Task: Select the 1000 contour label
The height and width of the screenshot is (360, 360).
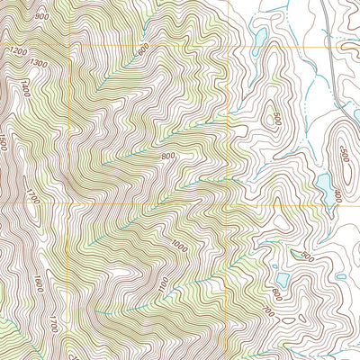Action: click(x=181, y=246)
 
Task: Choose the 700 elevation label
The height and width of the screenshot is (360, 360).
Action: click(x=266, y=310)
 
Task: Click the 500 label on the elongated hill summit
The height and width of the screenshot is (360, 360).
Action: click(x=343, y=155)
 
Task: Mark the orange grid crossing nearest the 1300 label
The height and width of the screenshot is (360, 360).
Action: click(x=70, y=45)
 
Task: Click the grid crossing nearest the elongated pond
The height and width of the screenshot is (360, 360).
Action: click(x=229, y=45)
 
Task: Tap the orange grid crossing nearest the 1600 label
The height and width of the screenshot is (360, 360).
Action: click(x=70, y=203)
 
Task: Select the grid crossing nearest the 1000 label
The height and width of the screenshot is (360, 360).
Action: click(x=229, y=203)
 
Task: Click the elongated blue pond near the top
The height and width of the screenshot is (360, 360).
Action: click(x=259, y=38)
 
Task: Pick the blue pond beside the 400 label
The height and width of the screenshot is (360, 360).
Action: click(x=322, y=184)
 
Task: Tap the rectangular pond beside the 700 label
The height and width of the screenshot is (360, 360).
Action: click(x=282, y=278)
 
